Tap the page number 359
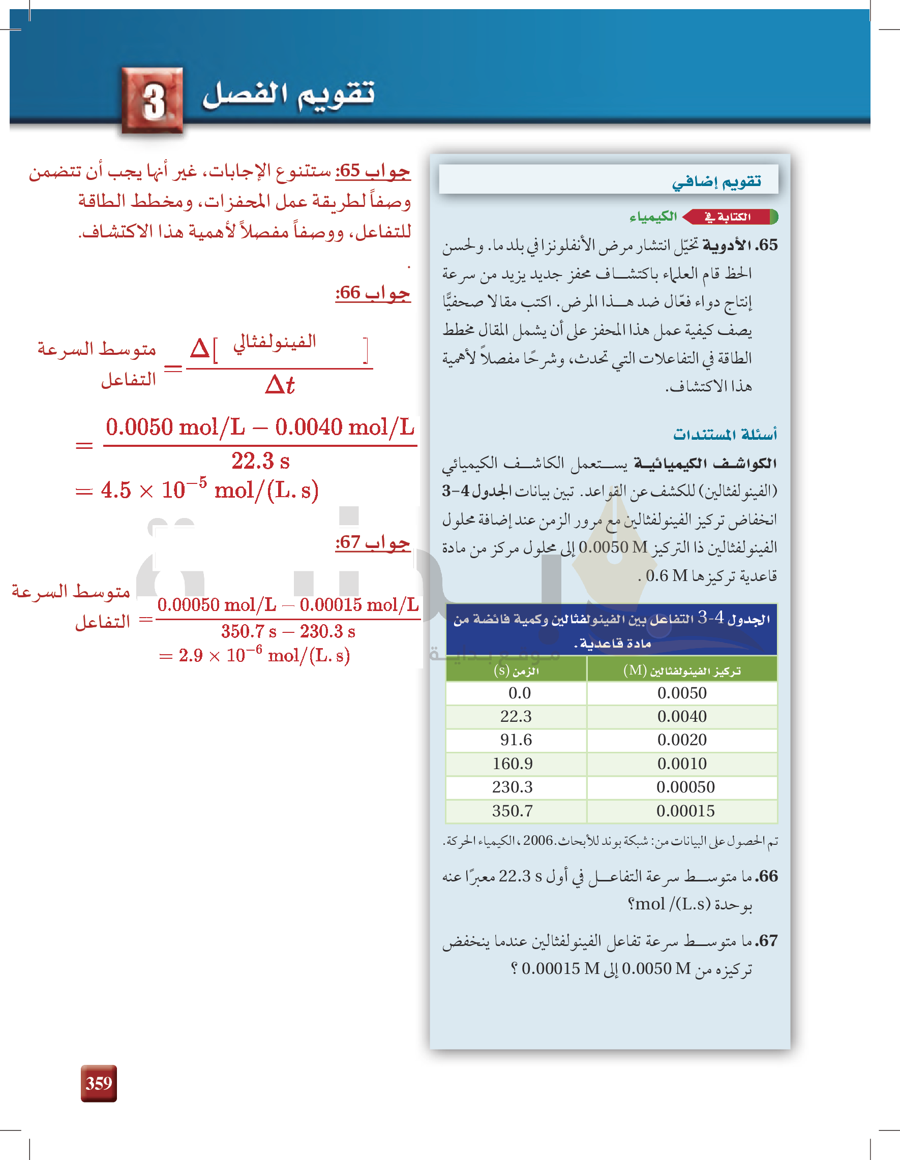coord(99,1083)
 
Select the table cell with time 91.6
coord(516,740)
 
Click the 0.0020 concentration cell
coord(682,740)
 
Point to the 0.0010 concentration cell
coord(682,764)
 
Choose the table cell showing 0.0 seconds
coord(519,693)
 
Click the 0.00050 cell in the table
coord(685,787)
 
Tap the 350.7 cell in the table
coord(512,811)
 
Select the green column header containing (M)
coord(682,670)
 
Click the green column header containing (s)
coord(516,670)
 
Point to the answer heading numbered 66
coord(372,293)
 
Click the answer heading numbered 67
coord(372,542)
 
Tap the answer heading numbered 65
coord(372,171)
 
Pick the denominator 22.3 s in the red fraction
coord(260,461)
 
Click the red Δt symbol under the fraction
coord(280,384)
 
